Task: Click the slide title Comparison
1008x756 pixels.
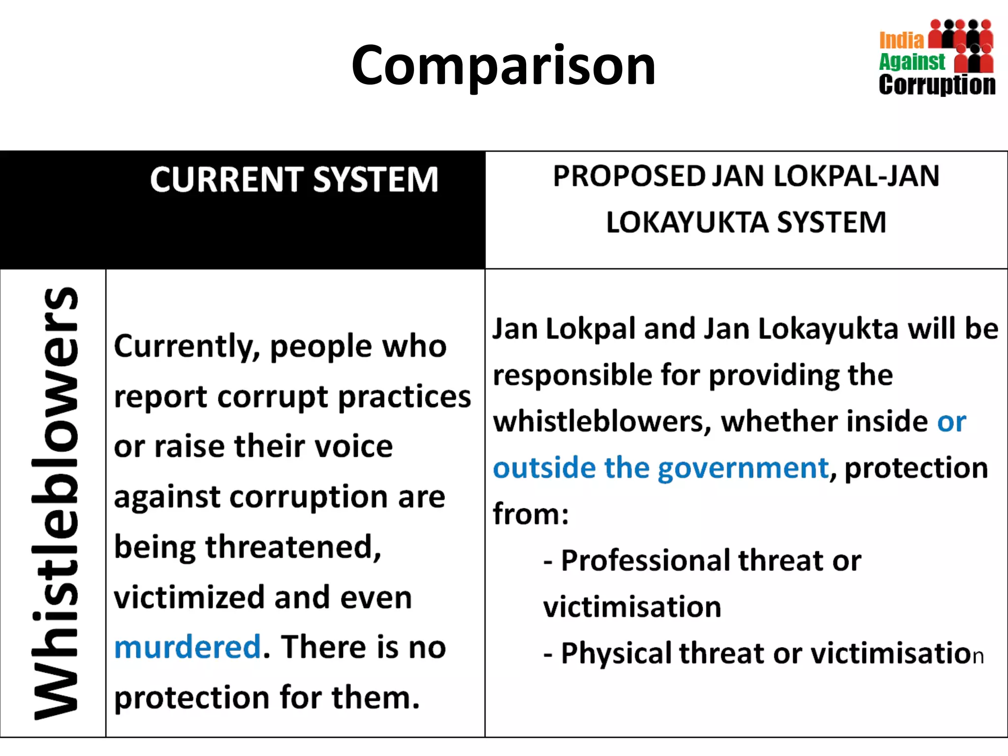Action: (x=503, y=65)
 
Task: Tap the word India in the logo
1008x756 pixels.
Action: (x=901, y=40)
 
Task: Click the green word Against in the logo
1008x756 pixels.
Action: (x=912, y=62)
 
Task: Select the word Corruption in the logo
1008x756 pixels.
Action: (x=937, y=85)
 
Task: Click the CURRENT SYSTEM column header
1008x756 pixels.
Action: (x=294, y=180)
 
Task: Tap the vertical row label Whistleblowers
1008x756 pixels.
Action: (x=55, y=502)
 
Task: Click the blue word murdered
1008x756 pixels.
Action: (x=188, y=647)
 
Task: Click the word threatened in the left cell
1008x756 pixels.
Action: (x=293, y=547)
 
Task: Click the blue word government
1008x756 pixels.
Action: (x=743, y=468)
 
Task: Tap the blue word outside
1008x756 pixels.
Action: (x=544, y=468)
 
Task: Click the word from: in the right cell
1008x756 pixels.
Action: (x=531, y=514)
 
